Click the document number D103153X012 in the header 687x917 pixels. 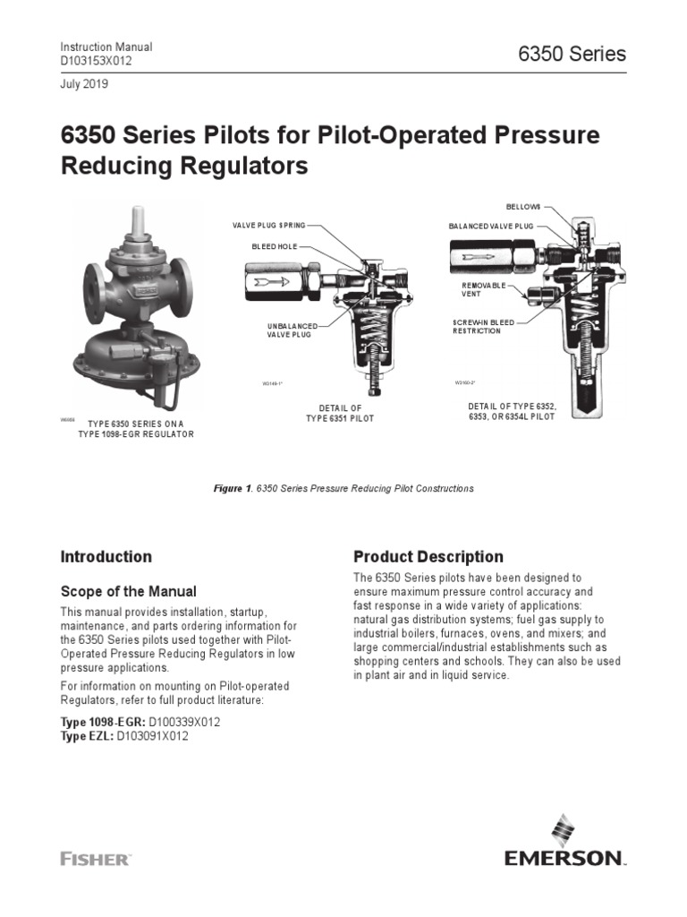tap(100, 61)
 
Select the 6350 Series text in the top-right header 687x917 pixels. tap(572, 54)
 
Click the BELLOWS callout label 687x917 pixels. tap(523, 207)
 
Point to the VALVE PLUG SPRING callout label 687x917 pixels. tap(268, 227)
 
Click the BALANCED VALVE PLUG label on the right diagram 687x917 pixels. tap(490, 227)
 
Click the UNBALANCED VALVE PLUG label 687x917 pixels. tap(288, 330)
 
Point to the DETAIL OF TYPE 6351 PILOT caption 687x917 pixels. tap(340, 414)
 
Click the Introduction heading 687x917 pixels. tap(106, 556)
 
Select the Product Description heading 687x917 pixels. tap(428, 556)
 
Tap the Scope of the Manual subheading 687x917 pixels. tap(128, 591)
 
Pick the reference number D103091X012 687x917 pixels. tap(152, 736)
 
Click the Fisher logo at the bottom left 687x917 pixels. tap(95, 859)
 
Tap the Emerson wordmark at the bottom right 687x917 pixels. tap(563, 859)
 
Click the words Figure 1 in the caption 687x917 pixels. tap(231, 489)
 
